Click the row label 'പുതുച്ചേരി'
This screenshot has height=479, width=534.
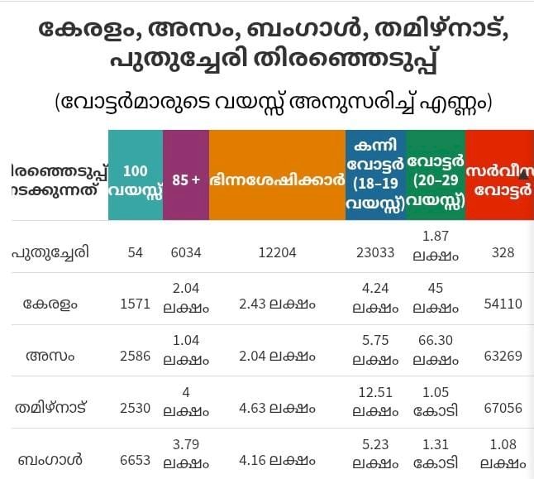pos(51,252)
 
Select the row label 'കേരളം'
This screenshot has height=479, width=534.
pos(51,304)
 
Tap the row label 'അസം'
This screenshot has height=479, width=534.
pos(51,356)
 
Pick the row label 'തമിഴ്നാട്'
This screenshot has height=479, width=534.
pos(51,407)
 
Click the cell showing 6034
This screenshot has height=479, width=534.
pos(186,252)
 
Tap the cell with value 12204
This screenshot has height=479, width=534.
pos(277,252)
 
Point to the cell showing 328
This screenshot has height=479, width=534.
pos(499,252)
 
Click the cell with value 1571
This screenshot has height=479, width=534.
pos(135,304)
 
